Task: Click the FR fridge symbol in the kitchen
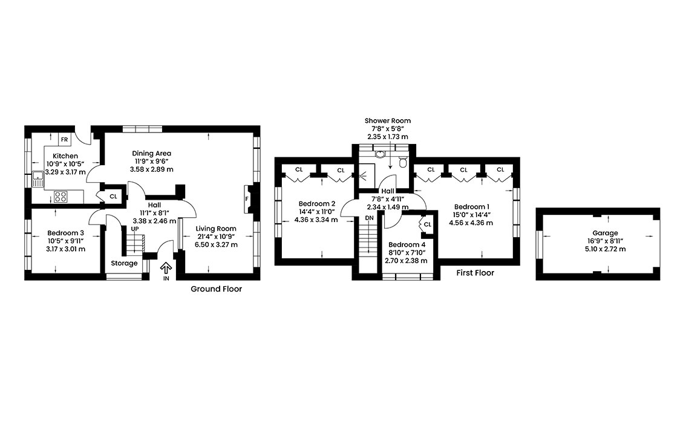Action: pos(65,140)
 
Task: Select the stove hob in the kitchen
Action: pos(61,196)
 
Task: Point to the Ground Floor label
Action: pos(216,289)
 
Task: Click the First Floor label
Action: pos(475,273)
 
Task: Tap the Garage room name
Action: pos(605,233)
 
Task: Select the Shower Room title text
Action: pos(388,121)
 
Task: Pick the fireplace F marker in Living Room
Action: pos(247,198)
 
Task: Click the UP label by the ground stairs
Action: pos(134,229)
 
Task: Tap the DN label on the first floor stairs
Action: pos(369,217)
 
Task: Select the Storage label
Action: pos(124,263)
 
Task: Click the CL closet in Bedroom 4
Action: pos(427,224)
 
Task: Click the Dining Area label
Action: pos(152,153)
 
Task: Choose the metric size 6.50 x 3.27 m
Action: pos(215,244)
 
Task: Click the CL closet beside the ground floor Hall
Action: pos(113,196)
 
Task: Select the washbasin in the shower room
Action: pos(380,154)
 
